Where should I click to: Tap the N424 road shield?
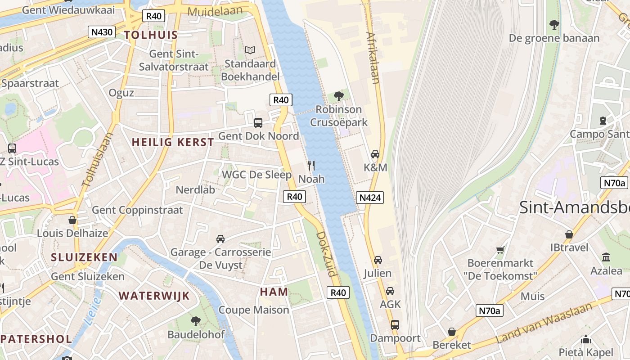click(370, 197)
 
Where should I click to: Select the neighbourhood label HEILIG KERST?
click(173, 142)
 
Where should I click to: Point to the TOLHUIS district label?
click(151, 35)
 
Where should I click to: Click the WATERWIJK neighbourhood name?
click(154, 296)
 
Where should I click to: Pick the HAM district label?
click(274, 292)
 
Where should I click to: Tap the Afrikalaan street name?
click(373, 58)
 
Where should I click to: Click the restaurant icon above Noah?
click(311, 166)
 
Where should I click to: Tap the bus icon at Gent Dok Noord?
click(258, 122)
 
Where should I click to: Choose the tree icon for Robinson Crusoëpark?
click(339, 96)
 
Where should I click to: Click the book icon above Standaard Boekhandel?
click(250, 50)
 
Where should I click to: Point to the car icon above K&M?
click(375, 154)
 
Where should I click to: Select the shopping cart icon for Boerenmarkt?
click(500, 250)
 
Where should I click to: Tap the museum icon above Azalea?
click(606, 257)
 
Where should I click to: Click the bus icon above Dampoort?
click(395, 324)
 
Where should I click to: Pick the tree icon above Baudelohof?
click(196, 321)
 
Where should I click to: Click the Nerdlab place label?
click(195, 189)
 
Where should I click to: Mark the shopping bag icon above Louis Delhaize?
click(72, 220)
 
